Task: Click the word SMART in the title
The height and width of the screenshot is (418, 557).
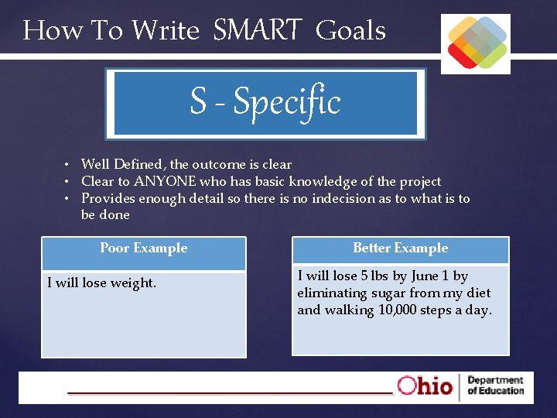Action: pyautogui.click(x=256, y=31)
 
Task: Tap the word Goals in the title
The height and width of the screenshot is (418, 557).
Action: pyautogui.click(x=350, y=31)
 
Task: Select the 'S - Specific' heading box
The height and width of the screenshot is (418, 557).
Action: pyautogui.click(x=265, y=103)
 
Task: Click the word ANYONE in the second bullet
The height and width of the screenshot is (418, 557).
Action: pyautogui.click(x=165, y=182)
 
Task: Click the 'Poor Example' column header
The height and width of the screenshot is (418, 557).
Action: pyautogui.click(x=144, y=248)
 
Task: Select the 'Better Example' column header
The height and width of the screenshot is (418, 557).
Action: pyautogui.click(x=400, y=248)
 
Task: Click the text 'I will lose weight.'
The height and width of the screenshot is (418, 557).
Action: pyautogui.click(x=101, y=283)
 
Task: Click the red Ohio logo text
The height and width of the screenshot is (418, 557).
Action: pyautogui.click(x=425, y=386)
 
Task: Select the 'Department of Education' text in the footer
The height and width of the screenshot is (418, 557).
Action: pyautogui.click(x=495, y=385)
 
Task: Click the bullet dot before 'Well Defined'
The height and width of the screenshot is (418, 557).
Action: pyautogui.click(x=68, y=165)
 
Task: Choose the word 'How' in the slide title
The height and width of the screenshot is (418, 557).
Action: pyautogui.click(x=41, y=31)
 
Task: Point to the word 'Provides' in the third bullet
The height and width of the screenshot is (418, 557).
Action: pyautogui.click(x=105, y=199)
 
